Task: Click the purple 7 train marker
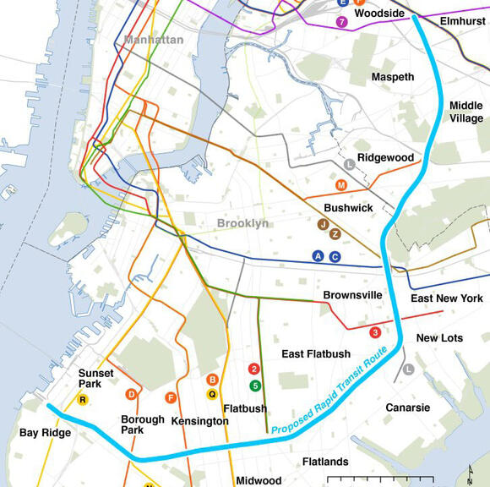341,22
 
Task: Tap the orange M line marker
341,185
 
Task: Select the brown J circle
323,224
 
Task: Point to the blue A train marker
318,256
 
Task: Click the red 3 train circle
376,332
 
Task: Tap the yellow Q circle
212,393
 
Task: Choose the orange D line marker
131,394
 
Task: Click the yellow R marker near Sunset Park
83,399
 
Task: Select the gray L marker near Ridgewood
350,164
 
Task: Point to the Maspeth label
393,77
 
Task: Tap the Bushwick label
348,207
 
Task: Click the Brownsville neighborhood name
352,295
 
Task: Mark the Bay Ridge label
46,433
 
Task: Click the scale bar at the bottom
392,479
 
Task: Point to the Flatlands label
325,462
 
